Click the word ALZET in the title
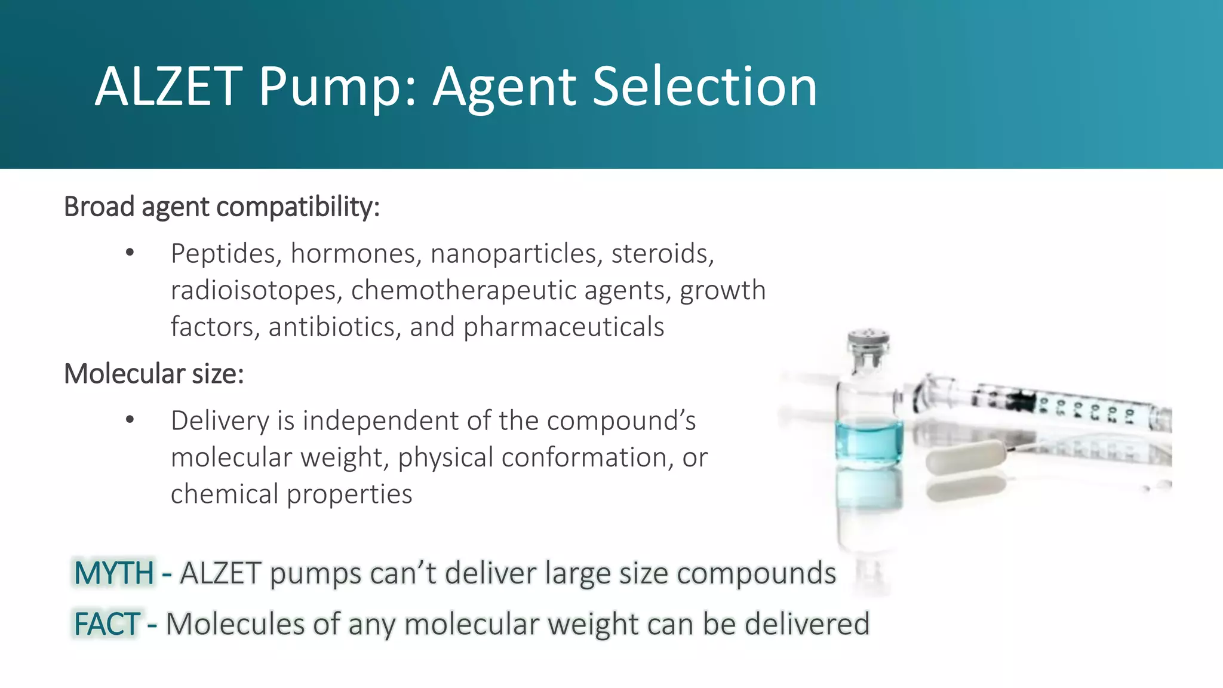[x=169, y=87]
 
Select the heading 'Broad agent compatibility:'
[x=222, y=207]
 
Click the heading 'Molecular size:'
[x=154, y=374]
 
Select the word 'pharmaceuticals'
[x=564, y=327]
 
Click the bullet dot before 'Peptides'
[x=130, y=253]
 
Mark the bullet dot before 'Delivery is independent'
[x=130, y=420]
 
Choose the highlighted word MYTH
[x=114, y=573]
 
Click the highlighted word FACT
[x=107, y=625]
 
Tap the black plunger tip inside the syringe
[x=1022, y=400]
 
